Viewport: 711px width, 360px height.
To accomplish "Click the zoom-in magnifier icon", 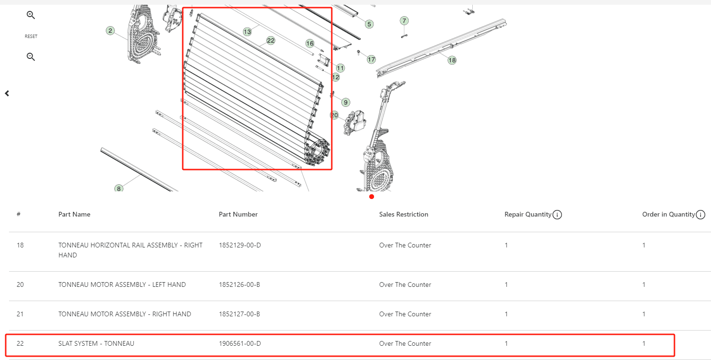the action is tap(30, 15).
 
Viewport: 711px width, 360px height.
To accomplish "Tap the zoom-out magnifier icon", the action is tap(30, 57).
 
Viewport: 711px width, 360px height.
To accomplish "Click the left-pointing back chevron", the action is tap(7, 94).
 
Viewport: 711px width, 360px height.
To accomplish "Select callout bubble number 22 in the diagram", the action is tap(271, 40).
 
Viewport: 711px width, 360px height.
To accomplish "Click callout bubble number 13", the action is tap(247, 32).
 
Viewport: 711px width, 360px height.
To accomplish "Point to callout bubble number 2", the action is tap(110, 30).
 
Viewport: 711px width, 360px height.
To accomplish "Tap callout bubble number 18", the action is tap(452, 60).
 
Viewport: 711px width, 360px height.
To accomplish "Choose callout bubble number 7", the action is tap(404, 20).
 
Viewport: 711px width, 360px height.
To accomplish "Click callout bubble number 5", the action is tap(369, 24).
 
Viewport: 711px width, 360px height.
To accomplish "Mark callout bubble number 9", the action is tap(346, 102).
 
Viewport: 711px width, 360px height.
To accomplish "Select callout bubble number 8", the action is tap(119, 189).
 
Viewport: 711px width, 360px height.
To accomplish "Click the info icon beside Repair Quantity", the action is tap(557, 215).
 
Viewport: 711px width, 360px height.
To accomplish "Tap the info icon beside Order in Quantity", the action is tap(701, 215).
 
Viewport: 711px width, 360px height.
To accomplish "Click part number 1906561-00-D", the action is tap(240, 343).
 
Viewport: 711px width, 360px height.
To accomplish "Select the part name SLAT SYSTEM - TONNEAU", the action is tap(96, 343).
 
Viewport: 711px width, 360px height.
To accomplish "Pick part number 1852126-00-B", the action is tap(239, 284).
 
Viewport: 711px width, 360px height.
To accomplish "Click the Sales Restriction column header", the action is tap(403, 215).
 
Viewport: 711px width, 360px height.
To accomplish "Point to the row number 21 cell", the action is tap(20, 314).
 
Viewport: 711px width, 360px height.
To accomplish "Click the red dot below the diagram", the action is tap(372, 197).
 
